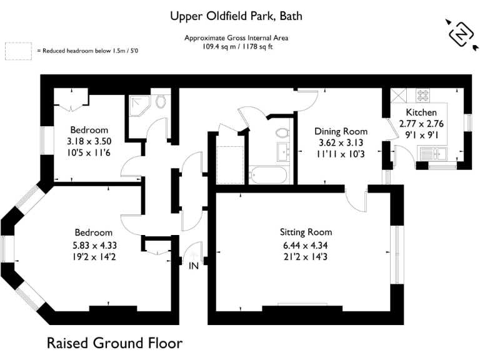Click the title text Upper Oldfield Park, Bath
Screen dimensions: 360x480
pyautogui.click(x=240, y=16)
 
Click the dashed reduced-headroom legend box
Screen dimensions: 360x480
pyautogui.click(x=18, y=51)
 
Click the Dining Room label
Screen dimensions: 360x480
pyautogui.click(x=341, y=131)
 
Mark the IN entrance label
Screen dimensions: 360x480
pyautogui.click(x=194, y=266)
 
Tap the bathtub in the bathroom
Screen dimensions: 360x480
pyautogui.click(x=269, y=175)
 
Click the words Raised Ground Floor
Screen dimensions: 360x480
pyautogui.click(x=115, y=343)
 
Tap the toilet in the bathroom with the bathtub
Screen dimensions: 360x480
pyautogui.click(x=282, y=132)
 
